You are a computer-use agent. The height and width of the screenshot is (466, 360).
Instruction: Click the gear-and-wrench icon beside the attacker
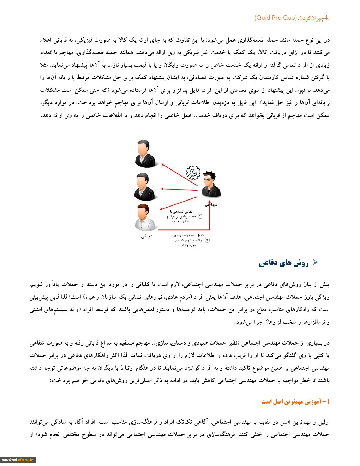click(x=193, y=172)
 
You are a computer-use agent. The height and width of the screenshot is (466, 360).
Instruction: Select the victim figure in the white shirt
click(x=145, y=218)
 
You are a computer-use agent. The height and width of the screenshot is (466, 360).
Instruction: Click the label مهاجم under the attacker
click(x=211, y=205)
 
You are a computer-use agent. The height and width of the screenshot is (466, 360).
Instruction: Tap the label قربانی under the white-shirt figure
click(x=146, y=236)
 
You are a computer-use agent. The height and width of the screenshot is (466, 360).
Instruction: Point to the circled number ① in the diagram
click(x=200, y=216)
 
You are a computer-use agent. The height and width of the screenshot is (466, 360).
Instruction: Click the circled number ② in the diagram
click(x=208, y=240)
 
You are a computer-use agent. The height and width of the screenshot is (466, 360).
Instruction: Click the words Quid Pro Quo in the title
click(x=276, y=18)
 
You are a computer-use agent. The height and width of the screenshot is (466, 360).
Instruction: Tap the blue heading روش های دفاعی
click(x=283, y=263)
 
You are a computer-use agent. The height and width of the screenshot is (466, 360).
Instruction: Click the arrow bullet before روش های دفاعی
click(x=315, y=262)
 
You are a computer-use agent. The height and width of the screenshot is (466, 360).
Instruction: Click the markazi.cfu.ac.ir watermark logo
click(x=18, y=459)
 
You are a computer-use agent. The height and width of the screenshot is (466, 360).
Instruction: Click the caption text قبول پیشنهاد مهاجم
click(x=189, y=235)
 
